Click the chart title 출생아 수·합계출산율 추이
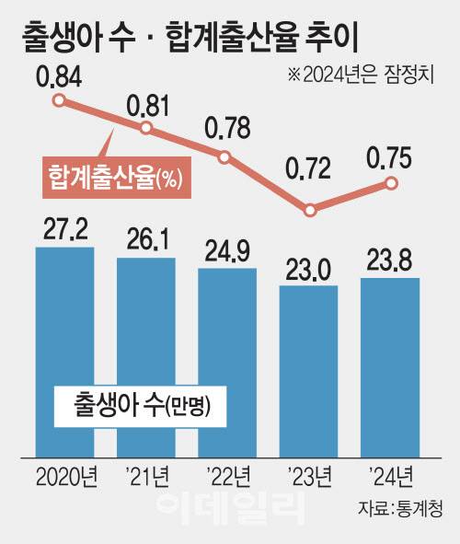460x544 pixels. [189, 38]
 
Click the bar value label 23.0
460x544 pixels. [308, 267]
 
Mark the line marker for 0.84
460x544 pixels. [59, 101]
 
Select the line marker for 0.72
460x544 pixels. [310, 211]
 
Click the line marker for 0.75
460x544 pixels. [391, 183]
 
